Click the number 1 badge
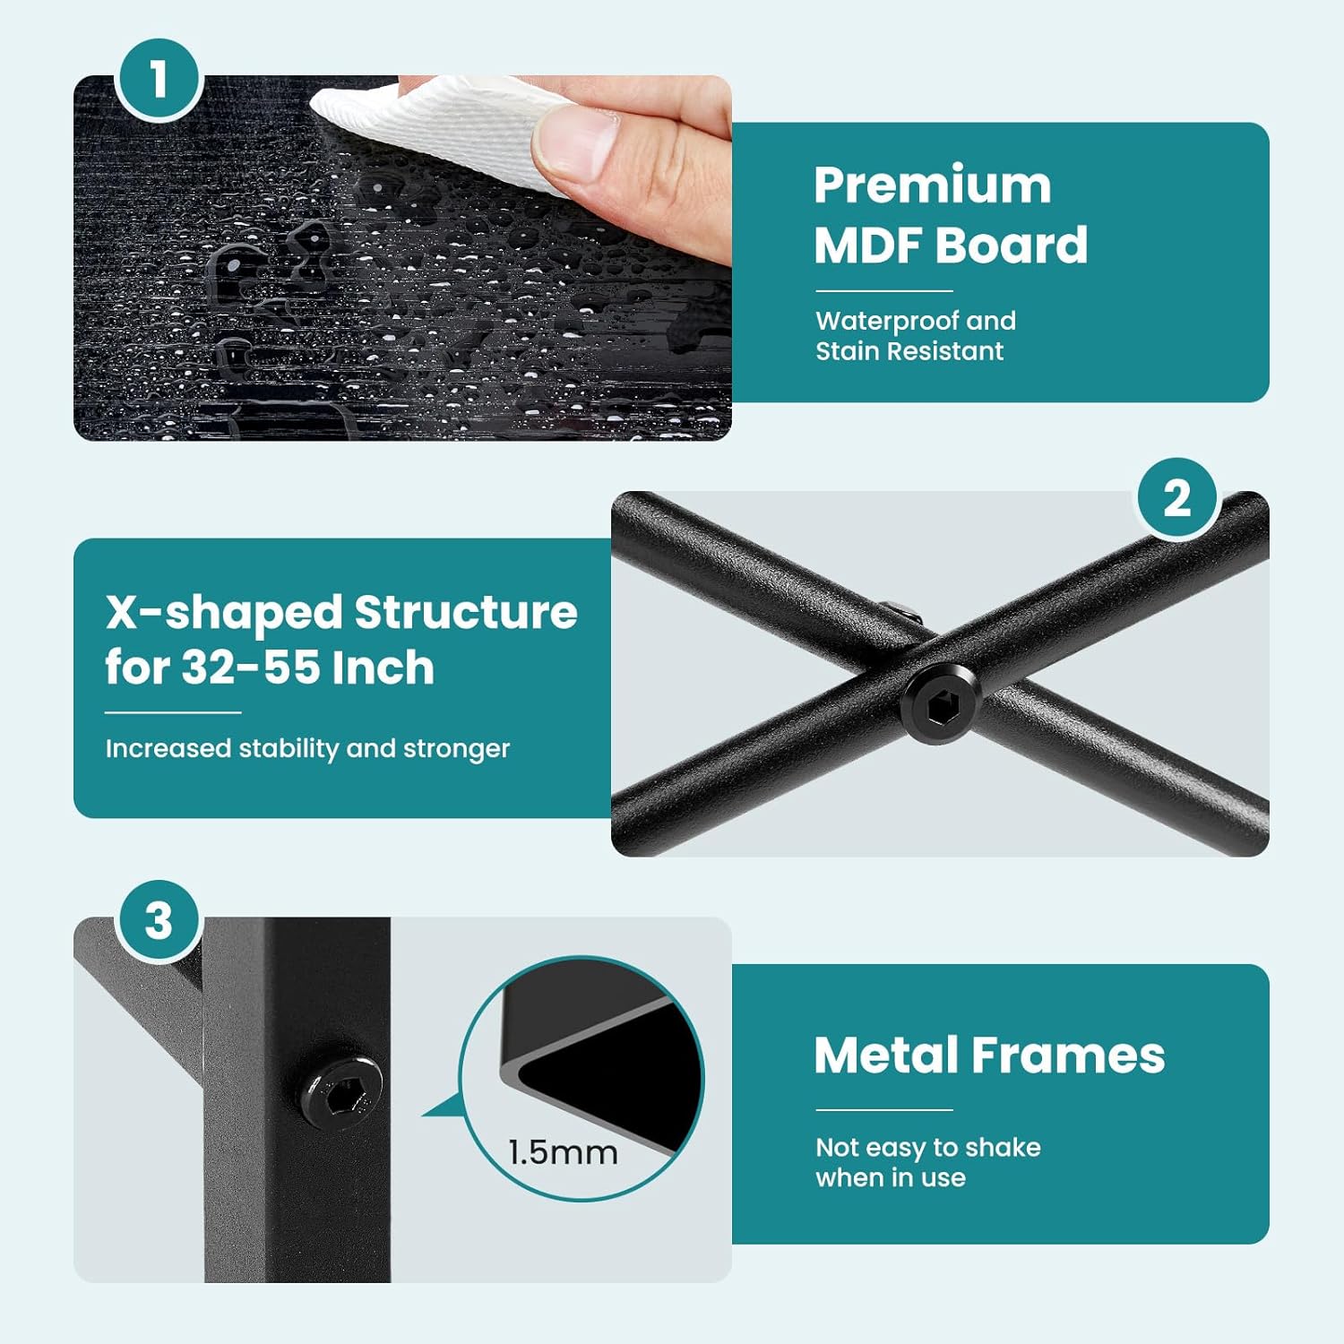pyautogui.click(x=159, y=79)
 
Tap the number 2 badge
pyautogui.click(x=1177, y=498)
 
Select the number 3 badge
pyautogui.click(x=159, y=920)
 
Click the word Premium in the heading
pyautogui.click(x=932, y=185)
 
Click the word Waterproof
pyautogui.click(x=887, y=321)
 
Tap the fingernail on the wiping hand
pyautogui.click(x=574, y=142)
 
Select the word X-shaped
pyautogui.click(x=224, y=614)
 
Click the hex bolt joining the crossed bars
pyautogui.click(x=940, y=703)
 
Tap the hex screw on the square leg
pyautogui.click(x=340, y=1090)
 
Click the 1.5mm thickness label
pyautogui.click(x=563, y=1152)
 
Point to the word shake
pyautogui.click(x=1003, y=1147)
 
